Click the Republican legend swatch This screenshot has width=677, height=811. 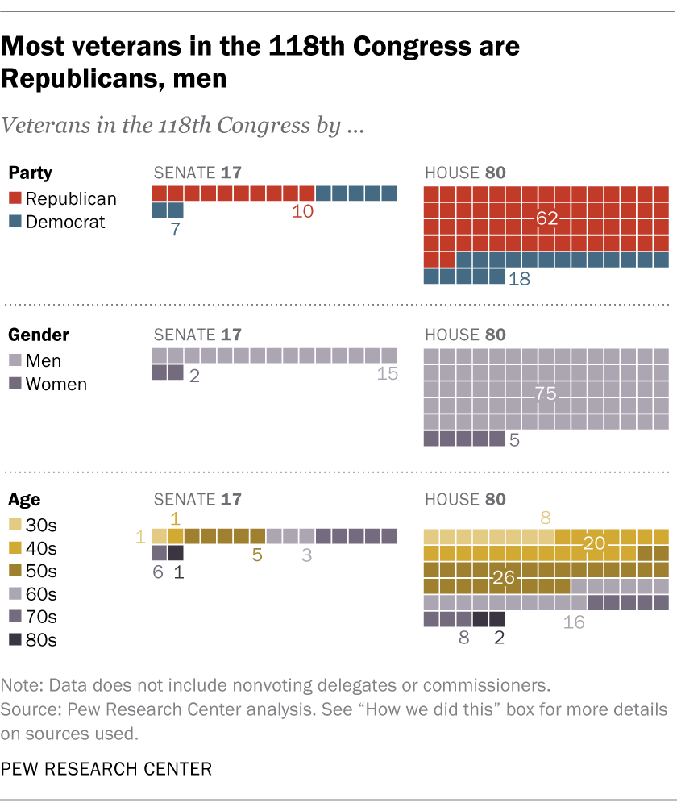click(15, 198)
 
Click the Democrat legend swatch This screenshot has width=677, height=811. click(15, 222)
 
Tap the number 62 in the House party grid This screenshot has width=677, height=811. click(547, 218)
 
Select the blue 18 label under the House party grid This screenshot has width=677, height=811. click(520, 279)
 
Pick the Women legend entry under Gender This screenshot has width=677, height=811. click(47, 384)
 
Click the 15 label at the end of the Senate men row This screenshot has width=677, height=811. click(388, 373)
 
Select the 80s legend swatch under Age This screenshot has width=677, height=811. click(15, 640)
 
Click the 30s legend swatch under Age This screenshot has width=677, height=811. click(15, 526)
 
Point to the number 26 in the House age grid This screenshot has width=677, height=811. click(503, 578)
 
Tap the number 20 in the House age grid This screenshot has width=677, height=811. click(595, 544)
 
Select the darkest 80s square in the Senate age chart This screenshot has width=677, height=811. click(176, 553)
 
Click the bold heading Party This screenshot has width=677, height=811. click(31, 173)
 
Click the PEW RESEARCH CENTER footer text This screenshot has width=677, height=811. click(106, 769)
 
